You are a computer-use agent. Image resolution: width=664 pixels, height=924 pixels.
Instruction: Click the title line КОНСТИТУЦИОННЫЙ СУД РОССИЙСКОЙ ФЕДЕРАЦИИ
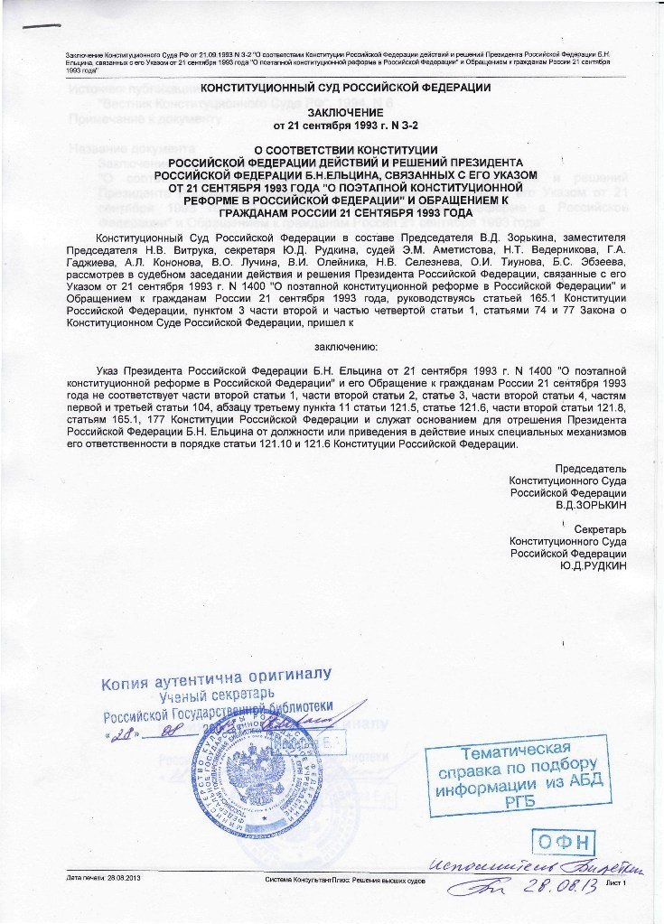[x=333, y=88]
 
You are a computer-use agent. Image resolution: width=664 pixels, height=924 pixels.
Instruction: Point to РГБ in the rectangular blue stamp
[x=515, y=800]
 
